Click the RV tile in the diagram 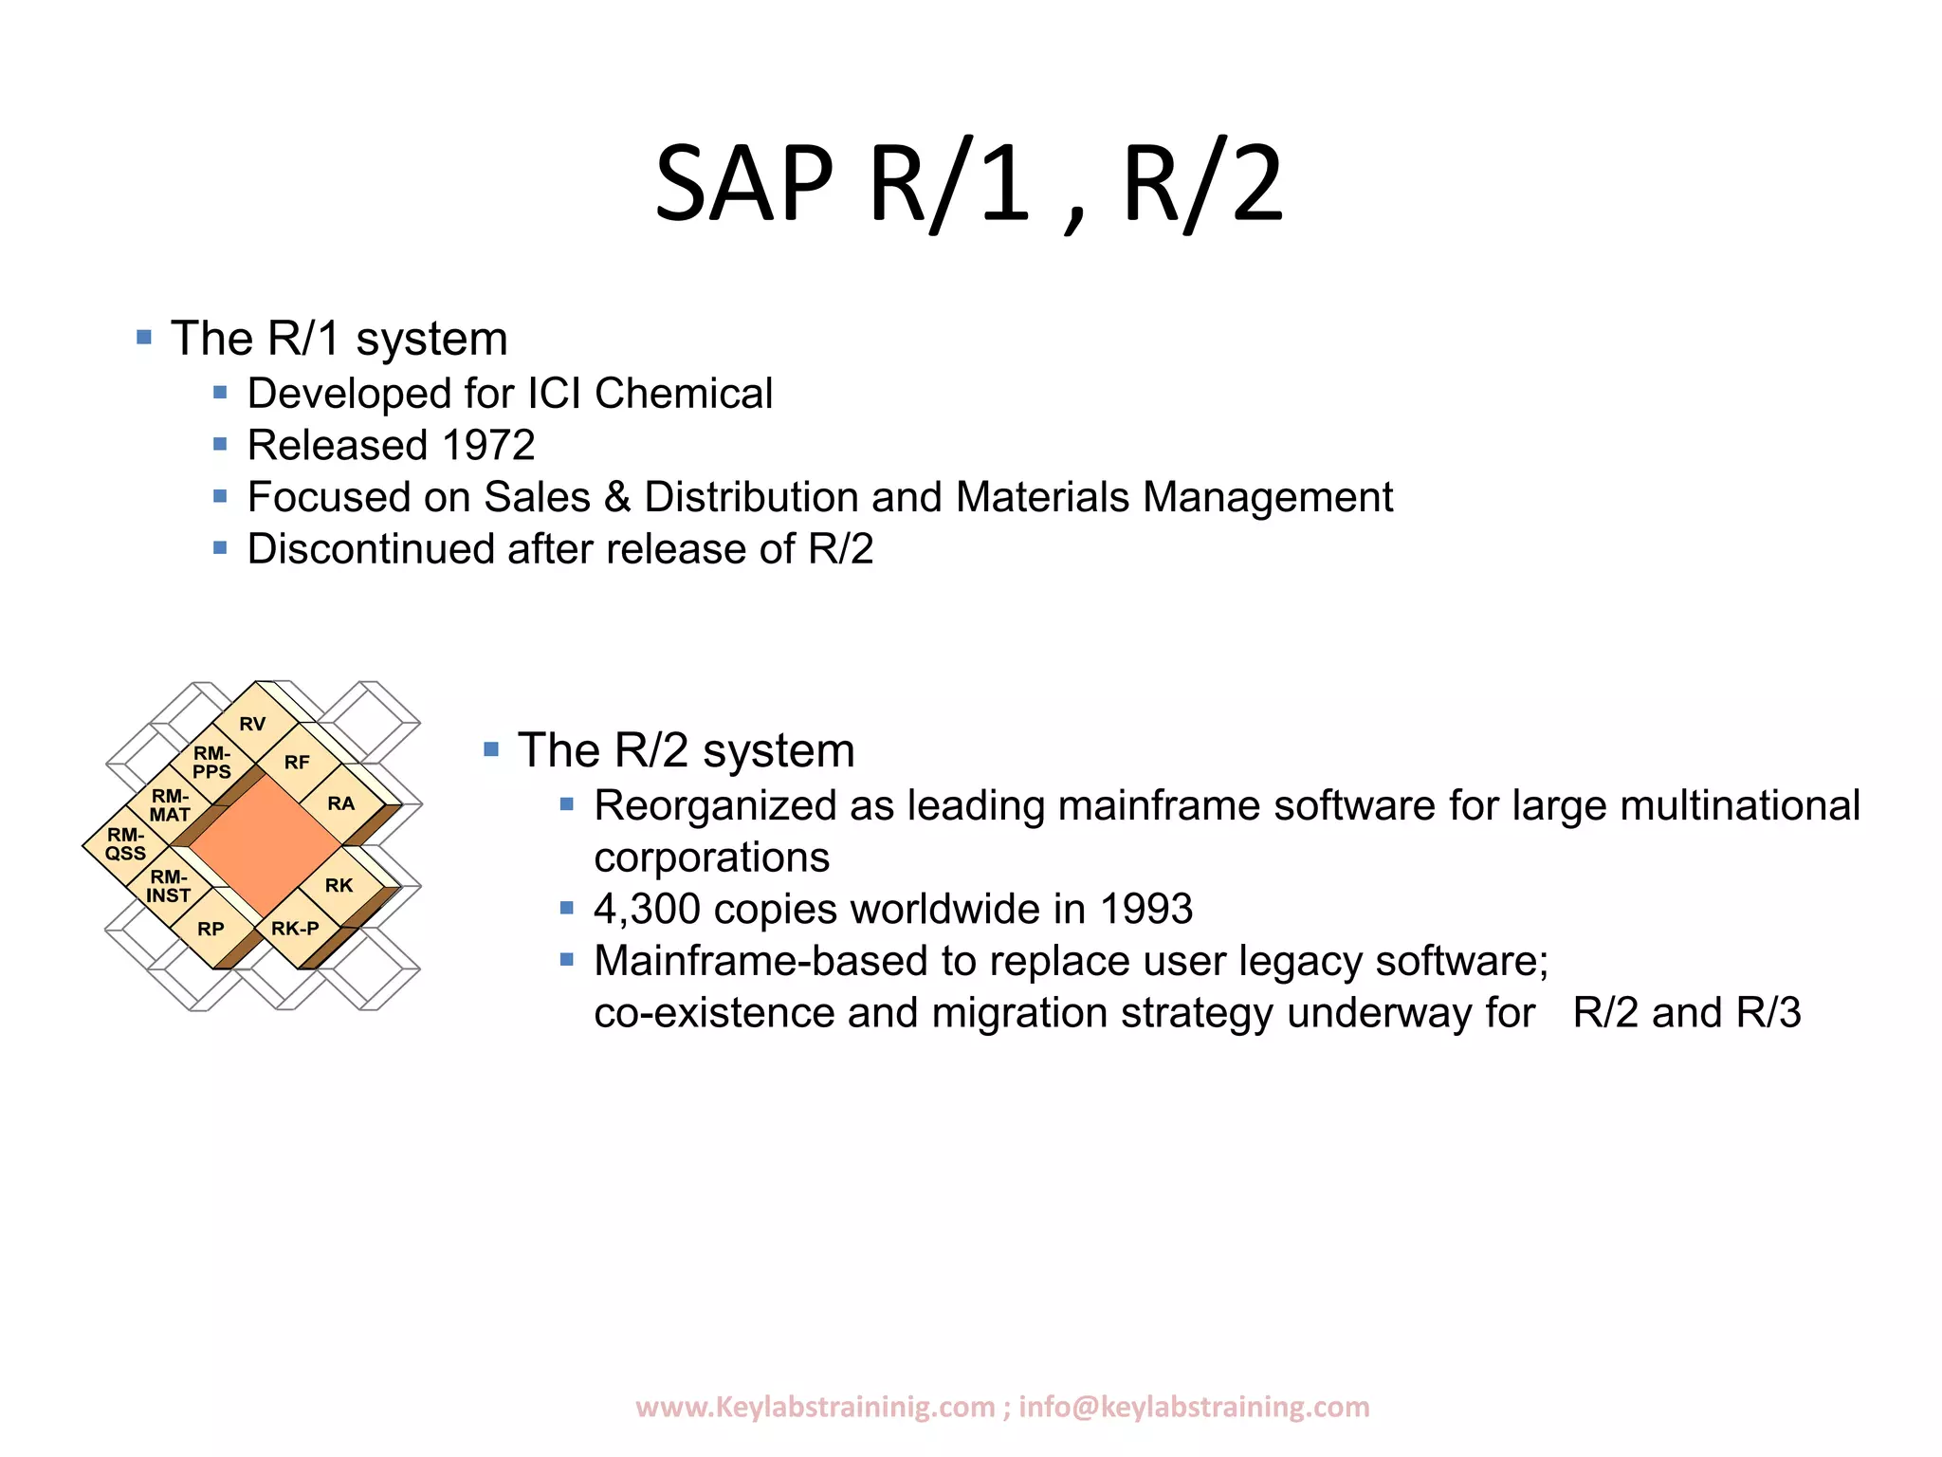(252, 724)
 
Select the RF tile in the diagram (297, 762)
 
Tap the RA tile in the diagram (340, 803)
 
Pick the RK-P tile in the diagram (295, 928)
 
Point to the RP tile (211, 929)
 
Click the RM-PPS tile (211, 763)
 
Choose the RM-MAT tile (170, 805)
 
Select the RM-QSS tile (125, 844)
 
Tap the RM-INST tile (169, 886)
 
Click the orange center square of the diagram (265, 845)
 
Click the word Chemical (684, 394)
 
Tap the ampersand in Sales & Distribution (617, 498)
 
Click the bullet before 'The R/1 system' (144, 337)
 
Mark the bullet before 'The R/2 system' (491, 749)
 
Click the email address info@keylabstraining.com (1194, 1406)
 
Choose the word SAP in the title (743, 183)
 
